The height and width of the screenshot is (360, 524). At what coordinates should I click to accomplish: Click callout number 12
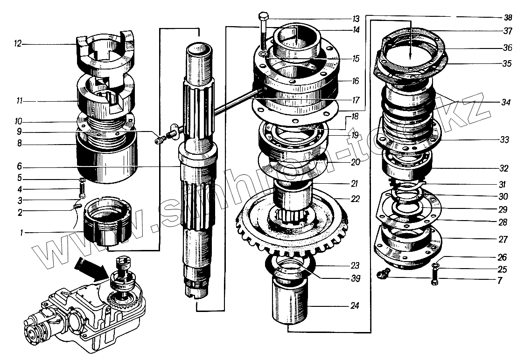coord(18,44)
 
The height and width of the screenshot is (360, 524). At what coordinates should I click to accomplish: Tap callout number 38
coord(508,18)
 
